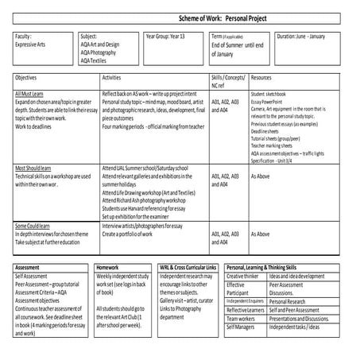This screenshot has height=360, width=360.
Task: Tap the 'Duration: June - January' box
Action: [301, 37]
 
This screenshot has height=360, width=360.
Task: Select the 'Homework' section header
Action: [107, 269]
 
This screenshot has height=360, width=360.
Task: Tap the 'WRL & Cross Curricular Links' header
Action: [188, 269]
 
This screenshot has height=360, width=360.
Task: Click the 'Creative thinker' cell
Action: [243, 276]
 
